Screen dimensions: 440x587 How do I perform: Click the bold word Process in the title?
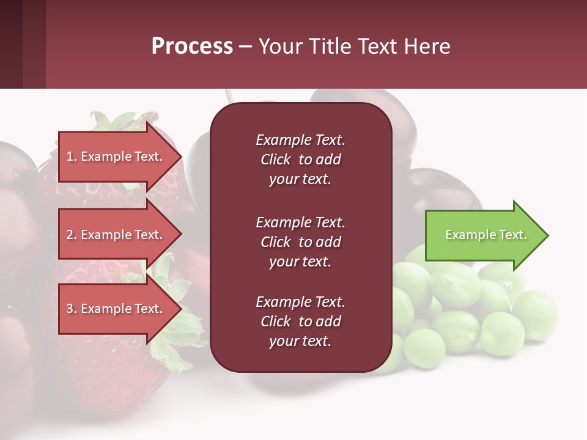coord(192,46)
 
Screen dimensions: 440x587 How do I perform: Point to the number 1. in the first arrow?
coord(72,156)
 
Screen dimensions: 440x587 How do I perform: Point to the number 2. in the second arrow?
coord(72,235)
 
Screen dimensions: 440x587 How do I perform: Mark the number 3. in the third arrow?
coord(72,309)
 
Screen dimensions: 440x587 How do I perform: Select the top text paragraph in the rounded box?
coord(300,159)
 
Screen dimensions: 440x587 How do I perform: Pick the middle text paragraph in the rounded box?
coord(300,242)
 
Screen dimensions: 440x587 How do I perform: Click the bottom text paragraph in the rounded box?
coord(300,321)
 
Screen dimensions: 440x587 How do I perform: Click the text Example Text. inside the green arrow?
coord(485,235)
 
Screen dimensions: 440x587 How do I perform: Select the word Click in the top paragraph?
coord(276,159)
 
